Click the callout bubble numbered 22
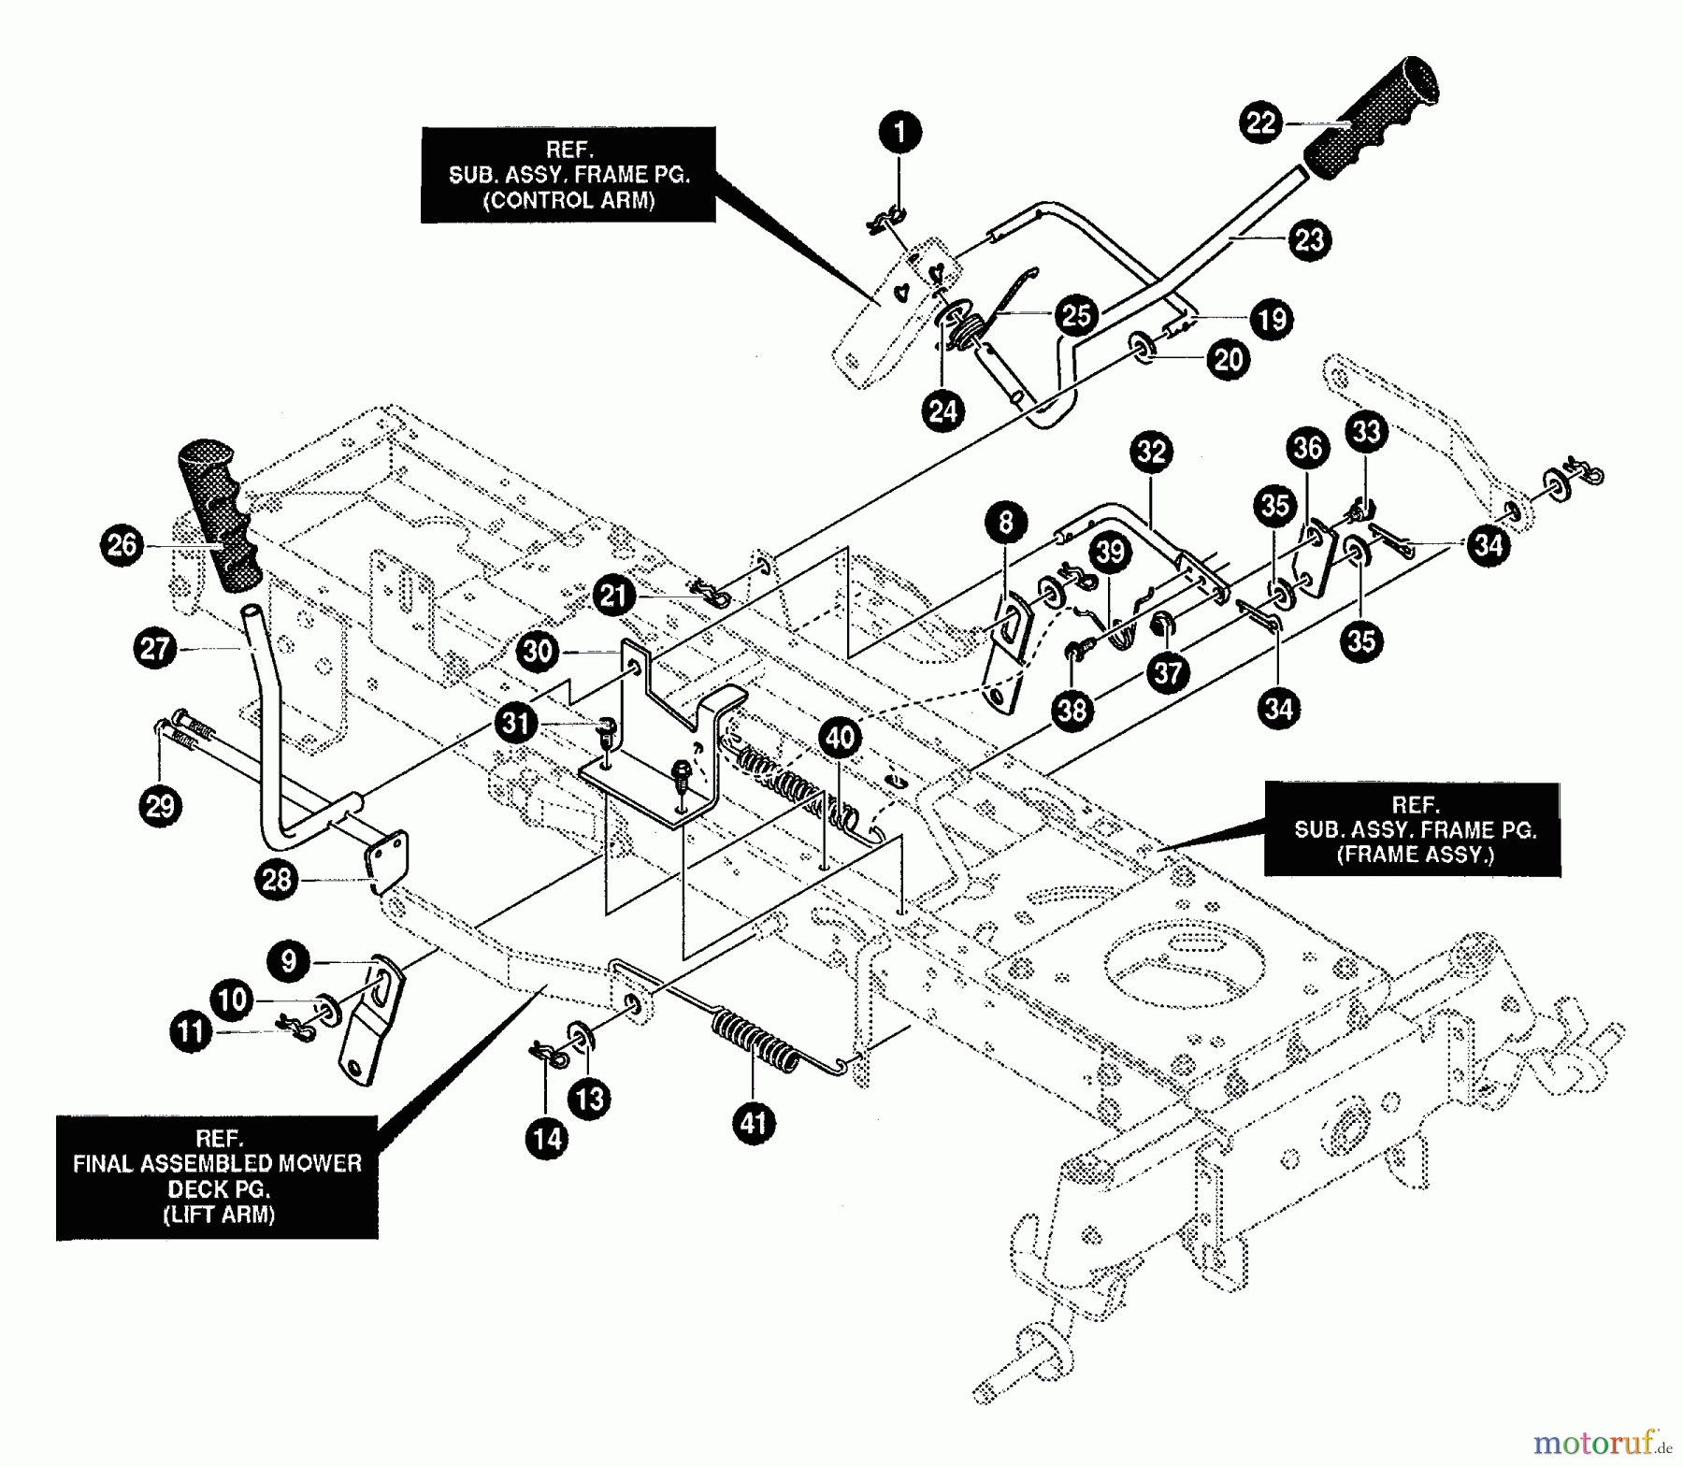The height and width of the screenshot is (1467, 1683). coord(1261,122)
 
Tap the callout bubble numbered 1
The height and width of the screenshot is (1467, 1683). coord(900,132)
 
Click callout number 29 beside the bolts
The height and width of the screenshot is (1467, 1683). coord(160,805)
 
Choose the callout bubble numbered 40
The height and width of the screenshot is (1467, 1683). coord(839,738)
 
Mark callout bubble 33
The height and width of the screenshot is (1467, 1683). coord(1366,431)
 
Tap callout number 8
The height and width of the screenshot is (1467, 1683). coord(1005,522)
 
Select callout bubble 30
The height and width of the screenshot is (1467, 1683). coord(538,651)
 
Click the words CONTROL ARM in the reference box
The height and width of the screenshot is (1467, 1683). coord(568,200)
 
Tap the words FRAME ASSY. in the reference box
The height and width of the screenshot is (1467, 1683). coord(1415,855)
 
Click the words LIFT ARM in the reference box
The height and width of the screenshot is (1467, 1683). coord(219,1215)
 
